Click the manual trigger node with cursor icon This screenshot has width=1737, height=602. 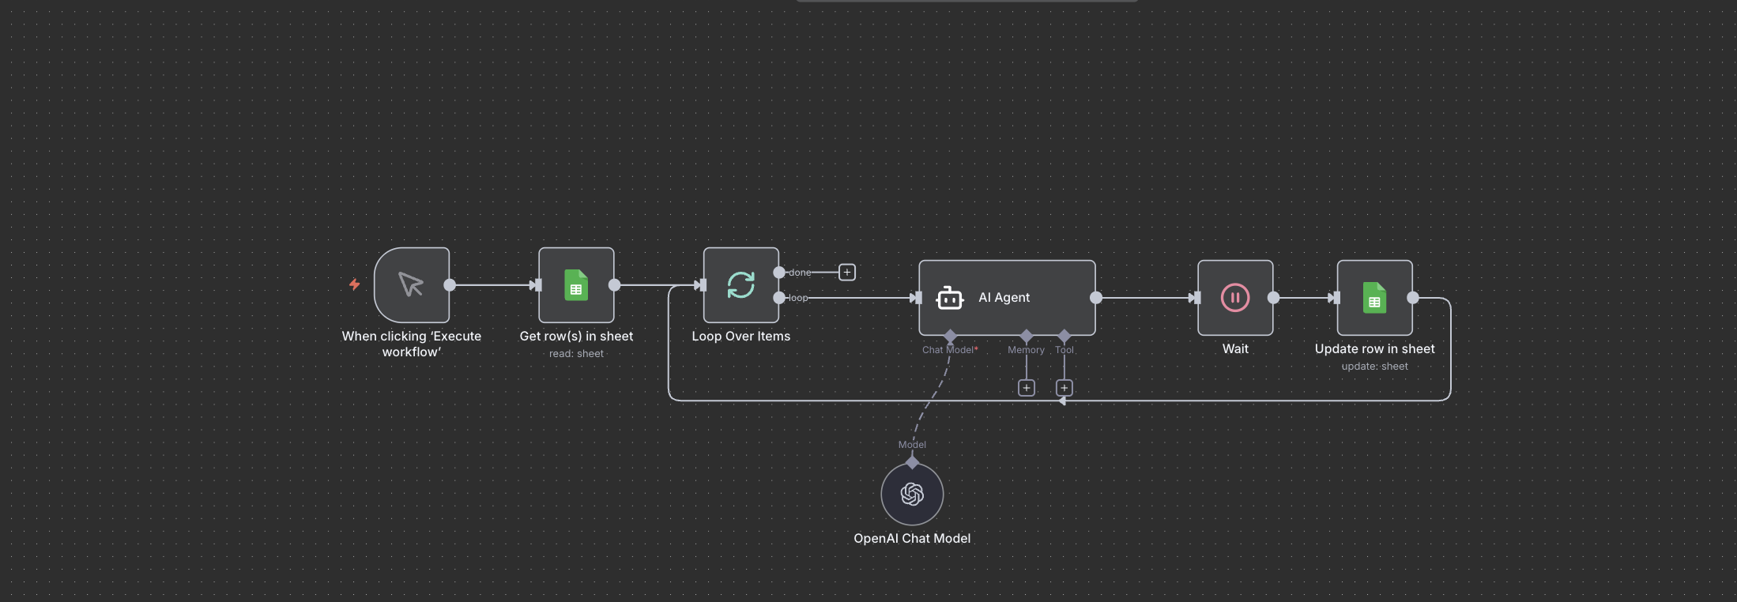coord(412,285)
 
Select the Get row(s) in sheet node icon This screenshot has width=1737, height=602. coord(576,285)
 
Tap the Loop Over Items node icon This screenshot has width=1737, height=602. coord(741,285)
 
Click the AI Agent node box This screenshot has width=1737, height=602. coord(1007,298)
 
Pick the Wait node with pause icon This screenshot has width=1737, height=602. coord(1235,298)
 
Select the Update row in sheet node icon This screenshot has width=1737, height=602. coord(1374,298)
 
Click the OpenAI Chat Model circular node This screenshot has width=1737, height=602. coord(912,494)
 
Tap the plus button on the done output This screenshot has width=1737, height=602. coord(847,273)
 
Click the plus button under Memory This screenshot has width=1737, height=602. coord(1027,388)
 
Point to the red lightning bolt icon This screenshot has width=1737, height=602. coord(355,284)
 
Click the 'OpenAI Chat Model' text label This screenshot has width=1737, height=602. coord(912,538)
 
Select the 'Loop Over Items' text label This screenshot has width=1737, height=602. coord(741,336)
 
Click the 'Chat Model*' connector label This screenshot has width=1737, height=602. coord(950,350)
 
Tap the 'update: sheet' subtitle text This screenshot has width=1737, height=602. coord(1374,367)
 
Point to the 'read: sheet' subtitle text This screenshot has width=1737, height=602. coord(576,354)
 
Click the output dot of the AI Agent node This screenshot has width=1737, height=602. coord(1096,298)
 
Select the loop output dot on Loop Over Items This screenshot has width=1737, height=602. coord(779,298)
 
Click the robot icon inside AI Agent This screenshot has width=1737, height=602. coord(949,298)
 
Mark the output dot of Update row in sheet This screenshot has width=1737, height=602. coord(1413,298)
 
